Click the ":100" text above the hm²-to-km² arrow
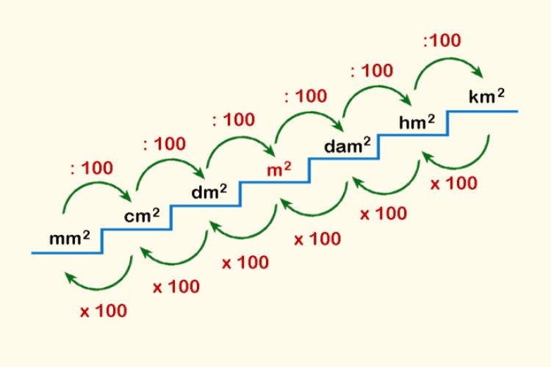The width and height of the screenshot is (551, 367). coord(442,40)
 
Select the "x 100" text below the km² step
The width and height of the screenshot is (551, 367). coord(454,183)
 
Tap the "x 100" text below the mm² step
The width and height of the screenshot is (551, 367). coord(104,310)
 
